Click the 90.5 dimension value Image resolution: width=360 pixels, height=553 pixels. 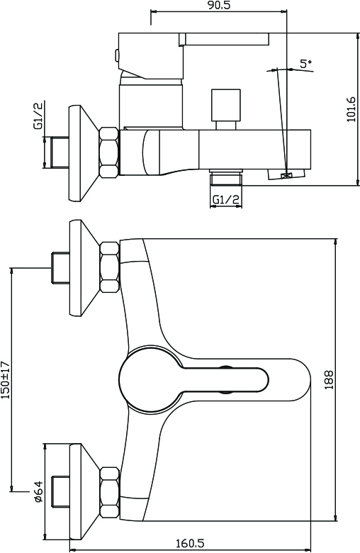tap(219, 5)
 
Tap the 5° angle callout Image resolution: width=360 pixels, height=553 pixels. tap(306, 64)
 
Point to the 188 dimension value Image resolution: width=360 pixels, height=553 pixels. tap(329, 380)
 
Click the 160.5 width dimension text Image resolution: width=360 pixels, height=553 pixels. tap(190, 544)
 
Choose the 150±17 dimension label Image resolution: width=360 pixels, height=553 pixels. tap(6, 379)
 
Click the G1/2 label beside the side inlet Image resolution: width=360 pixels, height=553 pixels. tap(38, 116)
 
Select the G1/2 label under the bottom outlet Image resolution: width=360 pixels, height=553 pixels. tap(226, 200)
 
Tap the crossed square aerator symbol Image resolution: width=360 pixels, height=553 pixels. tap(286, 175)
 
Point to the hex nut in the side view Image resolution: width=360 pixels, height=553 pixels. tap(109, 152)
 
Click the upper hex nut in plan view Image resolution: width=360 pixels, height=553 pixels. tap(109, 267)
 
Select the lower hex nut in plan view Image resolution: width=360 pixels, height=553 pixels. tap(110, 492)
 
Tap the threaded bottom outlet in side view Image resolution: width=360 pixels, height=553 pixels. tap(226, 177)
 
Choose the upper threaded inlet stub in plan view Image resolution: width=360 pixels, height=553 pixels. tap(61, 267)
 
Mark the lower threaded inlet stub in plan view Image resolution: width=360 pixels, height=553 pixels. tap(61, 492)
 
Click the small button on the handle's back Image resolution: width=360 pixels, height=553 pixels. tap(116, 55)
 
